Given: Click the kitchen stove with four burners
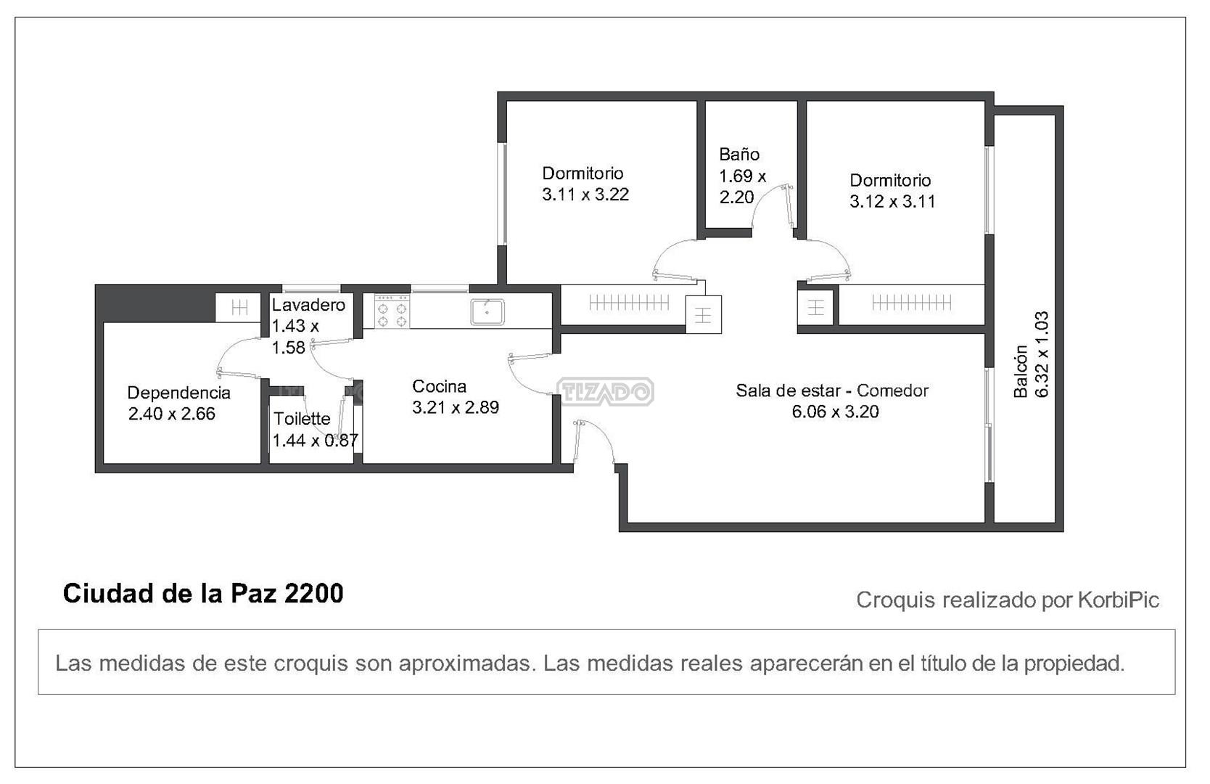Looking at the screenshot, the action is (x=392, y=311).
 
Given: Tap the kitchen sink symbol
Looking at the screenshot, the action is (x=487, y=312).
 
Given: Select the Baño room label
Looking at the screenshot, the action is (x=739, y=155).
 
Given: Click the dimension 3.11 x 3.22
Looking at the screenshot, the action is (x=585, y=195).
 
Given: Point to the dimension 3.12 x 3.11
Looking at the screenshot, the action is (x=892, y=202).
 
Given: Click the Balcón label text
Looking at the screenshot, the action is (x=1021, y=371).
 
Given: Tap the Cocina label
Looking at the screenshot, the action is (x=439, y=386).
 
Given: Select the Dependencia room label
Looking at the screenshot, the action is (x=178, y=393).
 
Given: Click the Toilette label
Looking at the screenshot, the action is (x=302, y=418).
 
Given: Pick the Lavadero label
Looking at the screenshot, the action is (x=308, y=305).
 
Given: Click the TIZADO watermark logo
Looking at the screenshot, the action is (x=605, y=391).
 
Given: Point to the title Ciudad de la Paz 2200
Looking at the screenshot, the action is (x=203, y=593).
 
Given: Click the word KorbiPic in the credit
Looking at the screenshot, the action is (x=1119, y=600).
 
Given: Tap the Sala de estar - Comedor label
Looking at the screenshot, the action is (x=832, y=391).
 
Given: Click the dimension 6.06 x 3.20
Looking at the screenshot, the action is (x=835, y=412).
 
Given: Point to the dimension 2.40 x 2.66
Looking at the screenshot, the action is (x=172, y=415).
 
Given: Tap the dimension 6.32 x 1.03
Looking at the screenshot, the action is (x=1042, y=354).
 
